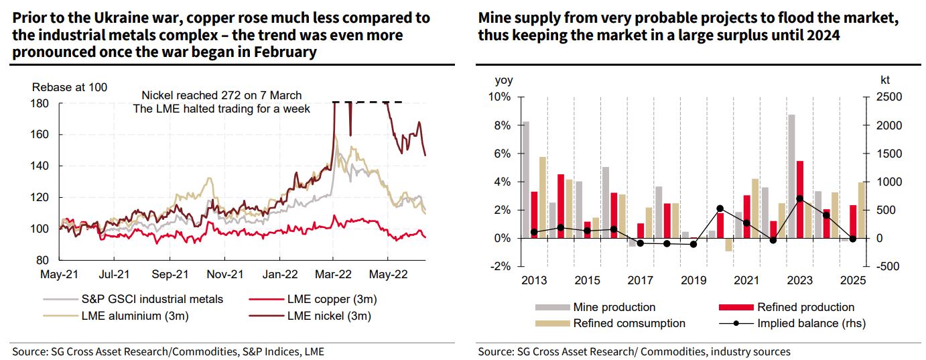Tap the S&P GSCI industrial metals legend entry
134,299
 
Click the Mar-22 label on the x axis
332,274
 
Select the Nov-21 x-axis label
224,274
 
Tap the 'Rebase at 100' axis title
69,87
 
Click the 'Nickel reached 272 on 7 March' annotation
222,95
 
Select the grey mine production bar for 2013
525,180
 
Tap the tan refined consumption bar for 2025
861,210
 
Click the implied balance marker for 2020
720,208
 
